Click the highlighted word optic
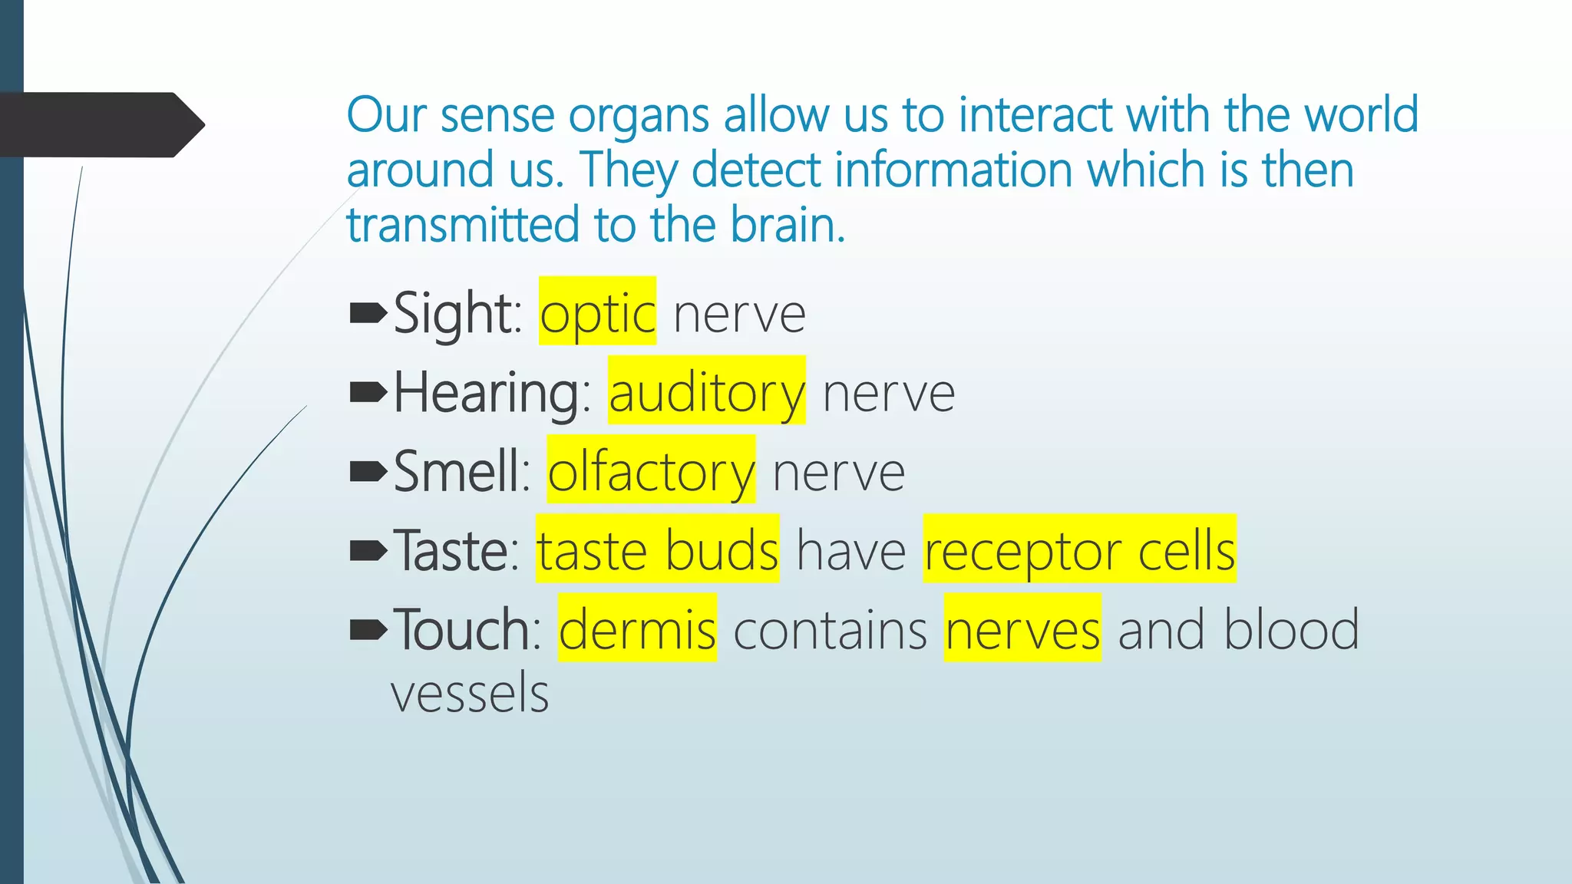click(597, 312)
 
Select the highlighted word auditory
click(706, 391)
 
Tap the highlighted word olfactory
click(651, 470)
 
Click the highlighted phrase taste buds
click(657, 549)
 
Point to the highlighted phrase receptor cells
click(1079, 549)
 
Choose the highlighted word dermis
click(637, 628)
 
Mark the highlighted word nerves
click(1022, 628)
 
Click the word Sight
click(456, 314)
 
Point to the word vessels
click(470, 692)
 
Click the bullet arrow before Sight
click(368, 312)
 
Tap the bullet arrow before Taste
click(368, 549)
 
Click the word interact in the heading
click(1036, 115)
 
